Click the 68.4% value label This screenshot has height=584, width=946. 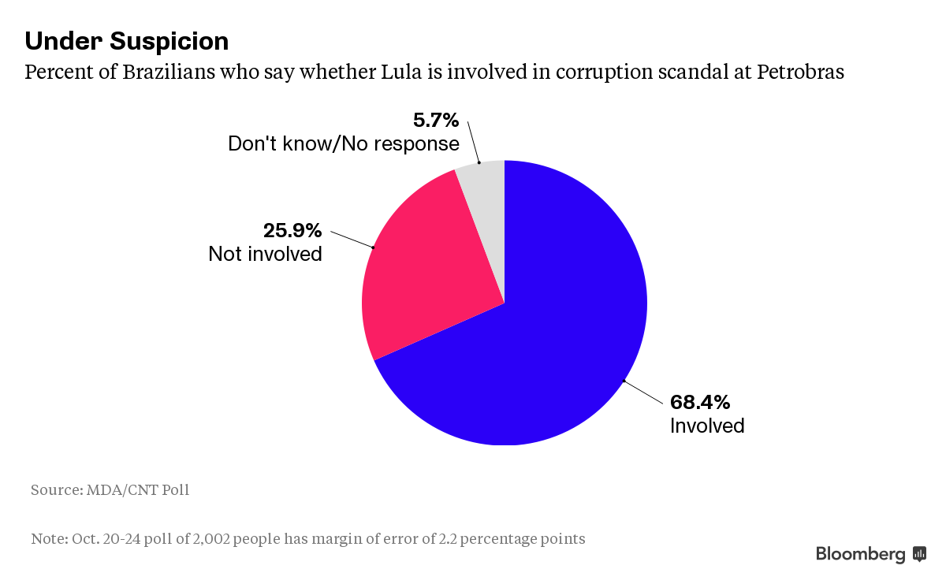(x=700, y=403)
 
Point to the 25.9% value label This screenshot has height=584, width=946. (x=292, y=231)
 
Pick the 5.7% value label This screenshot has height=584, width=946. (x=435, y=121)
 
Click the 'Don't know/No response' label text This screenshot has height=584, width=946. (x=343, y=144)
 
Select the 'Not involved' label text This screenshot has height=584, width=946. (x=265, y=254)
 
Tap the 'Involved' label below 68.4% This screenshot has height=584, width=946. (x=707, y=426)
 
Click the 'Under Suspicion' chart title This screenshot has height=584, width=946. (x=127, y=41)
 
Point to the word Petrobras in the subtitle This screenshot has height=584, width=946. (x=800, y=73)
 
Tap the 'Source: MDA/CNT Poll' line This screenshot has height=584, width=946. (x=110, y=490)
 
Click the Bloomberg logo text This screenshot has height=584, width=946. (x=860, y=554)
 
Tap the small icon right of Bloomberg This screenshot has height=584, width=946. (x=919, y=554)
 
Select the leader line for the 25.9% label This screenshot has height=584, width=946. (x=352, y=240)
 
